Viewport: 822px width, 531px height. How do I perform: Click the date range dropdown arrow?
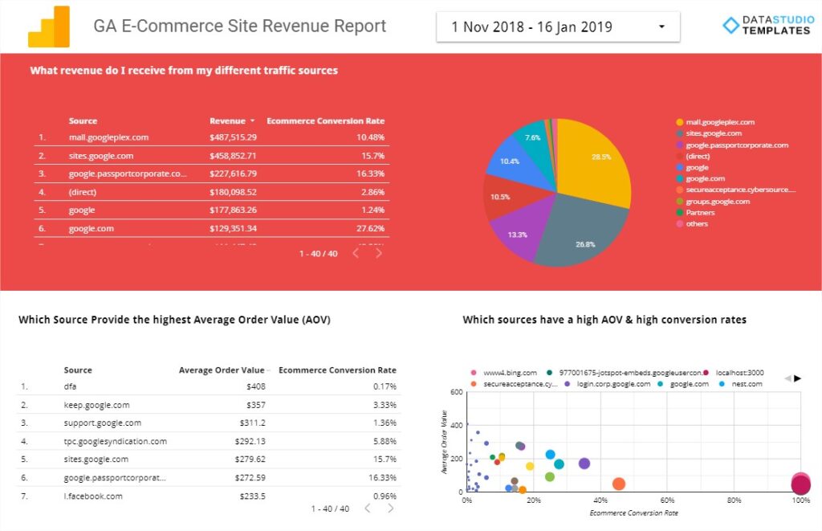point(661,27)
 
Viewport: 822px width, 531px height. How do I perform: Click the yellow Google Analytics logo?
point(49,27)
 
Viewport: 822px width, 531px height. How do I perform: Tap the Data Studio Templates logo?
point(766,26)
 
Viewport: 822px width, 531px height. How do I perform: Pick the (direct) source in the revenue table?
point(82,192)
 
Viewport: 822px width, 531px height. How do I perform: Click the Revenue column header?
point(227,120)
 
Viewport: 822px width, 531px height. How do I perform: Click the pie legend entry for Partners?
point(700,212)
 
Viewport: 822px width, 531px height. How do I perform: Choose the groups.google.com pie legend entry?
point(718,201)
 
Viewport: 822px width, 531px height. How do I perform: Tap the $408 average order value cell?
point(256,386)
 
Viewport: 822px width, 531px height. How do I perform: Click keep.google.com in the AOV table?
point(96,405)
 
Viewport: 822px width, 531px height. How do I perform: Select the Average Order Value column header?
point(221,370)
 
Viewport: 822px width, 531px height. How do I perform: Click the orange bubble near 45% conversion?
point(619,484)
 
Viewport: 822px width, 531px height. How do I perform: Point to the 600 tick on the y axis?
point(455,392)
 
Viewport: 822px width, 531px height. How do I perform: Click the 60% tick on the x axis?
point(667,500)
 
